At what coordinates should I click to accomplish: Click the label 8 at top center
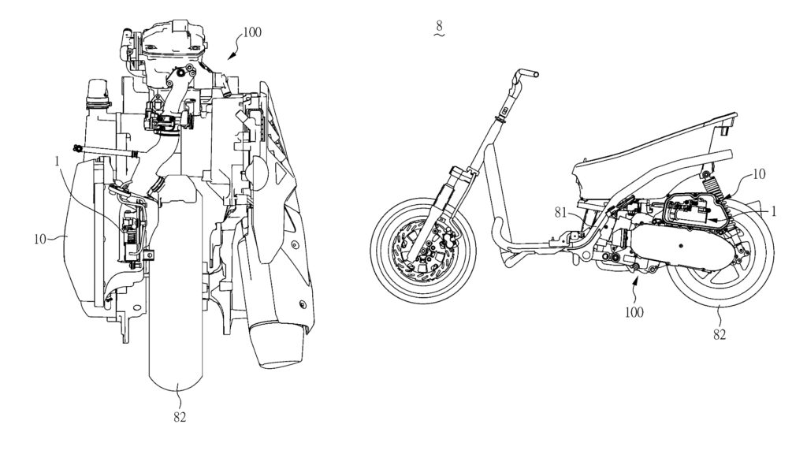[x=438, y=24]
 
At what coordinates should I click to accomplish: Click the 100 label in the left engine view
[x=251, y=32]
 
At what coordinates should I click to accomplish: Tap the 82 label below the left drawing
[x=180, y=418]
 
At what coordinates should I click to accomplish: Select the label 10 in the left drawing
[x=40, y=239]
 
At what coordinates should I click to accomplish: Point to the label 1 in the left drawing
[x=58, y=161]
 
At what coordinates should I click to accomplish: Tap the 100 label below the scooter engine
[x=634, y=312]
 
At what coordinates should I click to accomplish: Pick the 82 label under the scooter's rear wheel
[x=720, y=334]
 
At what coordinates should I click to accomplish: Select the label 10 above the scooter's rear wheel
[x=759, y=174]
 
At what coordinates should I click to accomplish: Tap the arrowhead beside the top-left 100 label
[x=231, y=55]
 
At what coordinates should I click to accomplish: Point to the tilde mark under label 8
[x=438, y=35]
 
